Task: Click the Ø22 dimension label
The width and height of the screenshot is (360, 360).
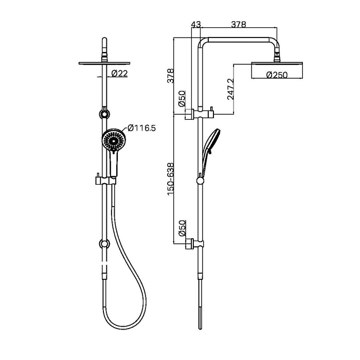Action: click(119, 74)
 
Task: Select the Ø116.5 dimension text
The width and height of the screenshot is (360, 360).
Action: click(141, 128)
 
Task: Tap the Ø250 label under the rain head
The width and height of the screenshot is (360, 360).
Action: click(277, 75)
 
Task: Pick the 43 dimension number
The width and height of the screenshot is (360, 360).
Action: click(196, 24)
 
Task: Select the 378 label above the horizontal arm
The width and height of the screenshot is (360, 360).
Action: click(238, 24)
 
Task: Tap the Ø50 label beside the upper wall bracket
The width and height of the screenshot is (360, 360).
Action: click(181, 99)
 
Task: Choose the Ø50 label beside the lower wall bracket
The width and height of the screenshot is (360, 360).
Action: click(181, 228)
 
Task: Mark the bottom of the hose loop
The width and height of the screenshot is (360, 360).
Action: click(127, 326)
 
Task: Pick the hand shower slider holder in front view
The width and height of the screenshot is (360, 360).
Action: click(106, 181)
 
